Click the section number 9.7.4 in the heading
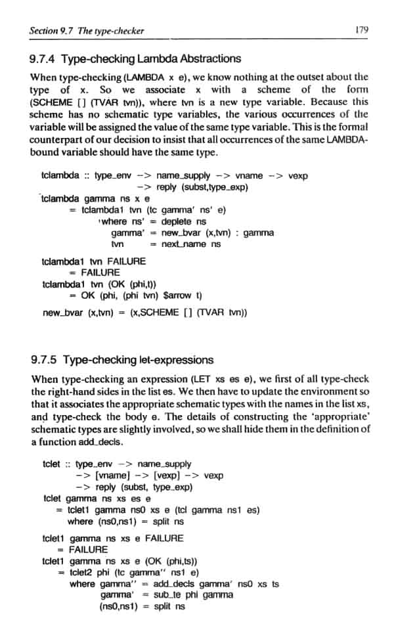pos(44,58)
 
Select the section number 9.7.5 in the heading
pos(44,360)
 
